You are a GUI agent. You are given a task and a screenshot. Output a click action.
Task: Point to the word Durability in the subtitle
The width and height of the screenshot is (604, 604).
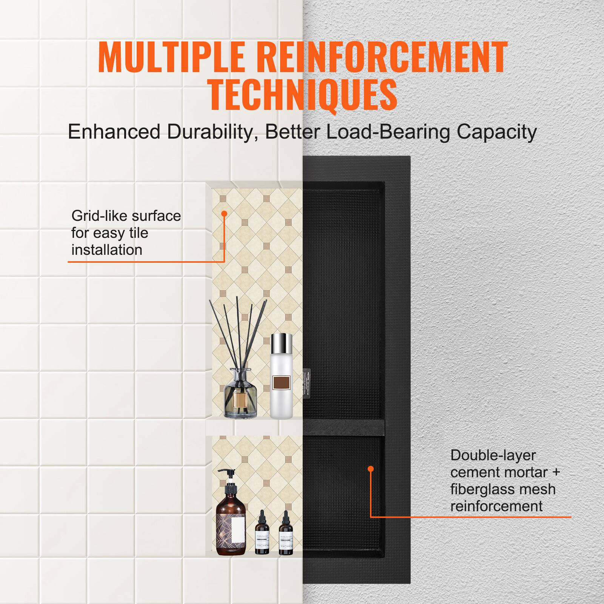[x=210, y=132]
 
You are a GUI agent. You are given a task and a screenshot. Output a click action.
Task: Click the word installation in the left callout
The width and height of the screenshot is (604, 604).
[x=107, y=250]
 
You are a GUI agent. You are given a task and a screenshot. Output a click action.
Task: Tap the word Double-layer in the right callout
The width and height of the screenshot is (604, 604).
[x=493, y=455]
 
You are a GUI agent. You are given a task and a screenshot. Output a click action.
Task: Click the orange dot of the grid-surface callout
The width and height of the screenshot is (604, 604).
[x=224, y=214]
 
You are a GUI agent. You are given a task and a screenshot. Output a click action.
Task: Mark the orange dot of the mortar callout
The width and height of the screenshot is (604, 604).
[x=370, y=469]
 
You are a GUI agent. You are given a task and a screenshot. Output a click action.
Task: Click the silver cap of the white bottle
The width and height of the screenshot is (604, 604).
[x=282, y=342]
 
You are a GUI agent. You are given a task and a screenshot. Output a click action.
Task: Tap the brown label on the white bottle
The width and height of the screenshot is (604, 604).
[x=282, y=384]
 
